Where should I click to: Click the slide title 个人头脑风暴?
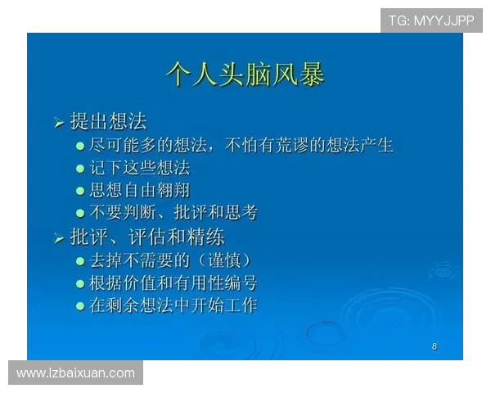[x=245, y=74]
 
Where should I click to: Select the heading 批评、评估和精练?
[x=147, y=237]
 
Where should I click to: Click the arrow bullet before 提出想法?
[x=59, y=124]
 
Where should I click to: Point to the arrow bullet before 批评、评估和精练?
[x=59, y=239]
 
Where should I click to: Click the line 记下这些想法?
[x=139, y=168]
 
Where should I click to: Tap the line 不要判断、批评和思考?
[x=173, y=213]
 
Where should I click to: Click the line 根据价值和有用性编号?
[x=173, y=283]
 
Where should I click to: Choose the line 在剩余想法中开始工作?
[x=173, y=305]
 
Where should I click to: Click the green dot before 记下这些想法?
[x=80, y=169]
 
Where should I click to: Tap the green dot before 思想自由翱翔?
[x=80, y=192]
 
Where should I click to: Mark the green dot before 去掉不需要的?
[x=80, y=262]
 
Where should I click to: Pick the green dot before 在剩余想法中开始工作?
[x=80, y=306]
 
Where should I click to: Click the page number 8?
[x=435, y=346]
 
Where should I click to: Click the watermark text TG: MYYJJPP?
[x=431, y=20]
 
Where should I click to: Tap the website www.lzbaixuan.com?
[x=75, y=373]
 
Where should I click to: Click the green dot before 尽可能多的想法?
[x=80, y=147]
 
